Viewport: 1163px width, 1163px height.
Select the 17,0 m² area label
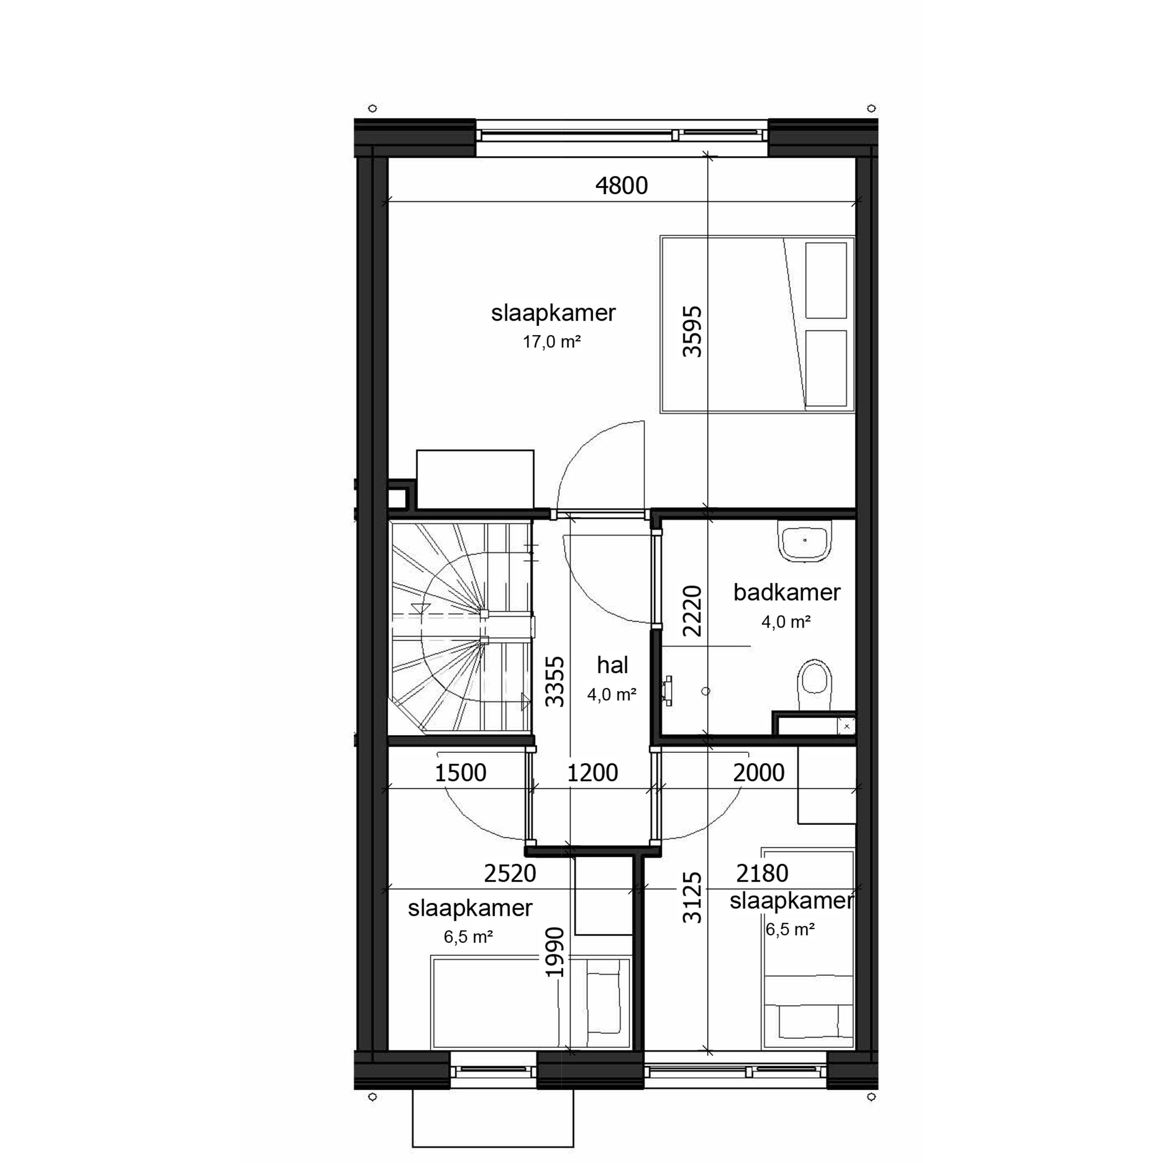point(551,342)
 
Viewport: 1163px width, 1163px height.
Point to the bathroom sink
point(805,540)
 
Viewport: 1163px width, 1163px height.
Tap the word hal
point(612,665)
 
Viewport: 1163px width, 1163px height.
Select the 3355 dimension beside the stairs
point(554,682)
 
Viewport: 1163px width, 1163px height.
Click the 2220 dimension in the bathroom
point(692,611)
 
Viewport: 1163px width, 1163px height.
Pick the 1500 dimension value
point(461,773)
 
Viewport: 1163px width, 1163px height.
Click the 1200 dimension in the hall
point(593,773)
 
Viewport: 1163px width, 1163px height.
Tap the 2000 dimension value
point(759,773)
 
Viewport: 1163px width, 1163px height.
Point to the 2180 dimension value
point(762,873)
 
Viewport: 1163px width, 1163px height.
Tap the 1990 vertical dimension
point(554,952)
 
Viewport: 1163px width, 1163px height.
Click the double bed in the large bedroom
point(757,324)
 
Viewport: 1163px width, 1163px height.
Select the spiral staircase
point(461,626)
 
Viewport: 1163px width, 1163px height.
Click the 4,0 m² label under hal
point(612,695)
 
